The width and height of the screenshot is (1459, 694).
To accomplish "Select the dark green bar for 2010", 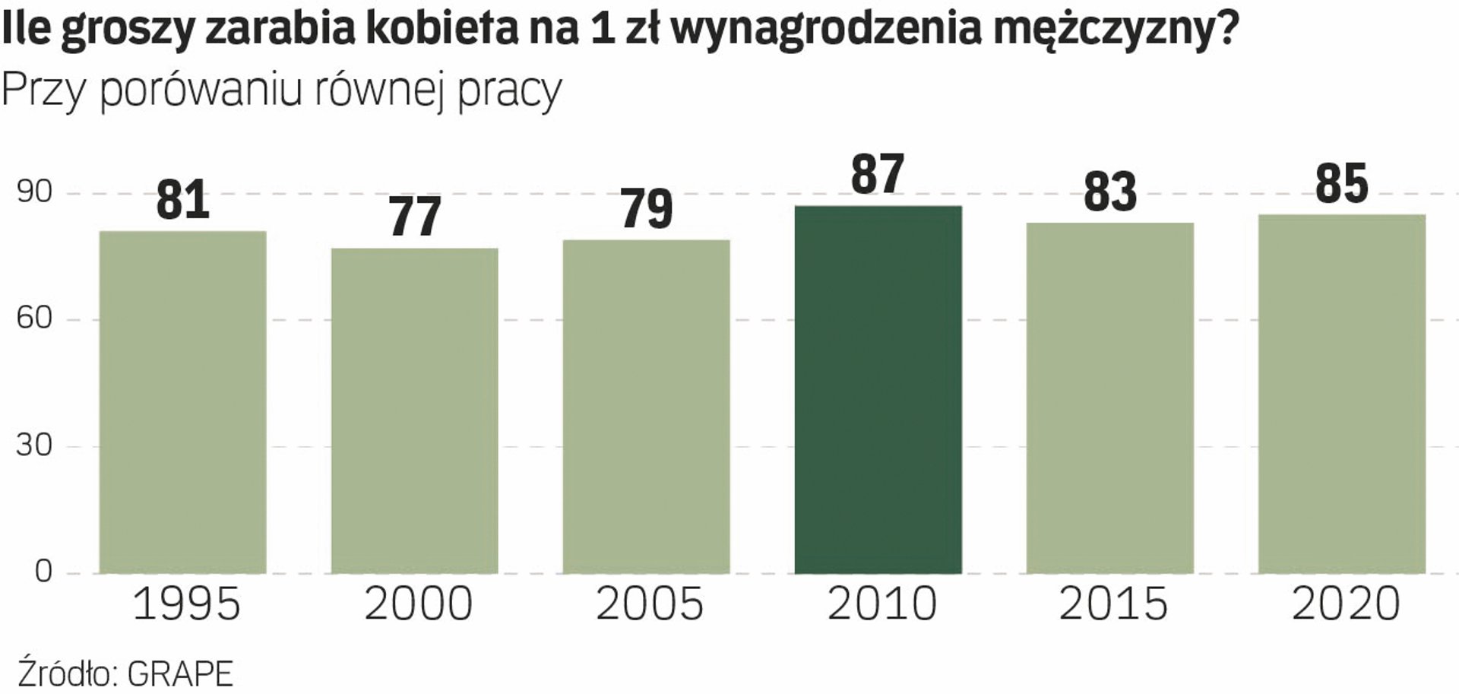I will click(878, 389).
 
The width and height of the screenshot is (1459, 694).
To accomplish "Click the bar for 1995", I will click(183, 402).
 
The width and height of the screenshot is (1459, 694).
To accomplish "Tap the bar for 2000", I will click(415, 410).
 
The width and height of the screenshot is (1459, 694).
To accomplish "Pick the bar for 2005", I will click(647, 407).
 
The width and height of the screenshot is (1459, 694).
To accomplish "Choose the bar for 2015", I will click(1109, 398).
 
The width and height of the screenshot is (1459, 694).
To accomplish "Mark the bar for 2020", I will click(1341, 394).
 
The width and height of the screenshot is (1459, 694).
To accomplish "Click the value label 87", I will click(878, 174).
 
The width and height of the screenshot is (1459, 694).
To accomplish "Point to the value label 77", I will click(415, 217).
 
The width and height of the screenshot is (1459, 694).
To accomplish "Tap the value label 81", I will click(183, 200).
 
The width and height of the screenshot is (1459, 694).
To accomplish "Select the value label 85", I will click(1341, 183).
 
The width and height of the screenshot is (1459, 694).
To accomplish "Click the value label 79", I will click(647, 208).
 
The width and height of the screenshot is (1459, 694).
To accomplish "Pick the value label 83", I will click(1109, 192).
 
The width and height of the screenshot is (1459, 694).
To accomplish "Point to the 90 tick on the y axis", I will click(34, 192).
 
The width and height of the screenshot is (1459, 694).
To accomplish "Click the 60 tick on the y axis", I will click(34, 318).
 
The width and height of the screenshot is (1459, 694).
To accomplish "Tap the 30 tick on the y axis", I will click(34, 445).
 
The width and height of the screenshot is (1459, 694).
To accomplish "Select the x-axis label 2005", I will click(650, 605).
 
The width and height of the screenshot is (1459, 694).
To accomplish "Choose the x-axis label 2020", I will click(1345, 605).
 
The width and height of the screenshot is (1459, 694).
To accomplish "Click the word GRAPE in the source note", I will click(180, 674).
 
